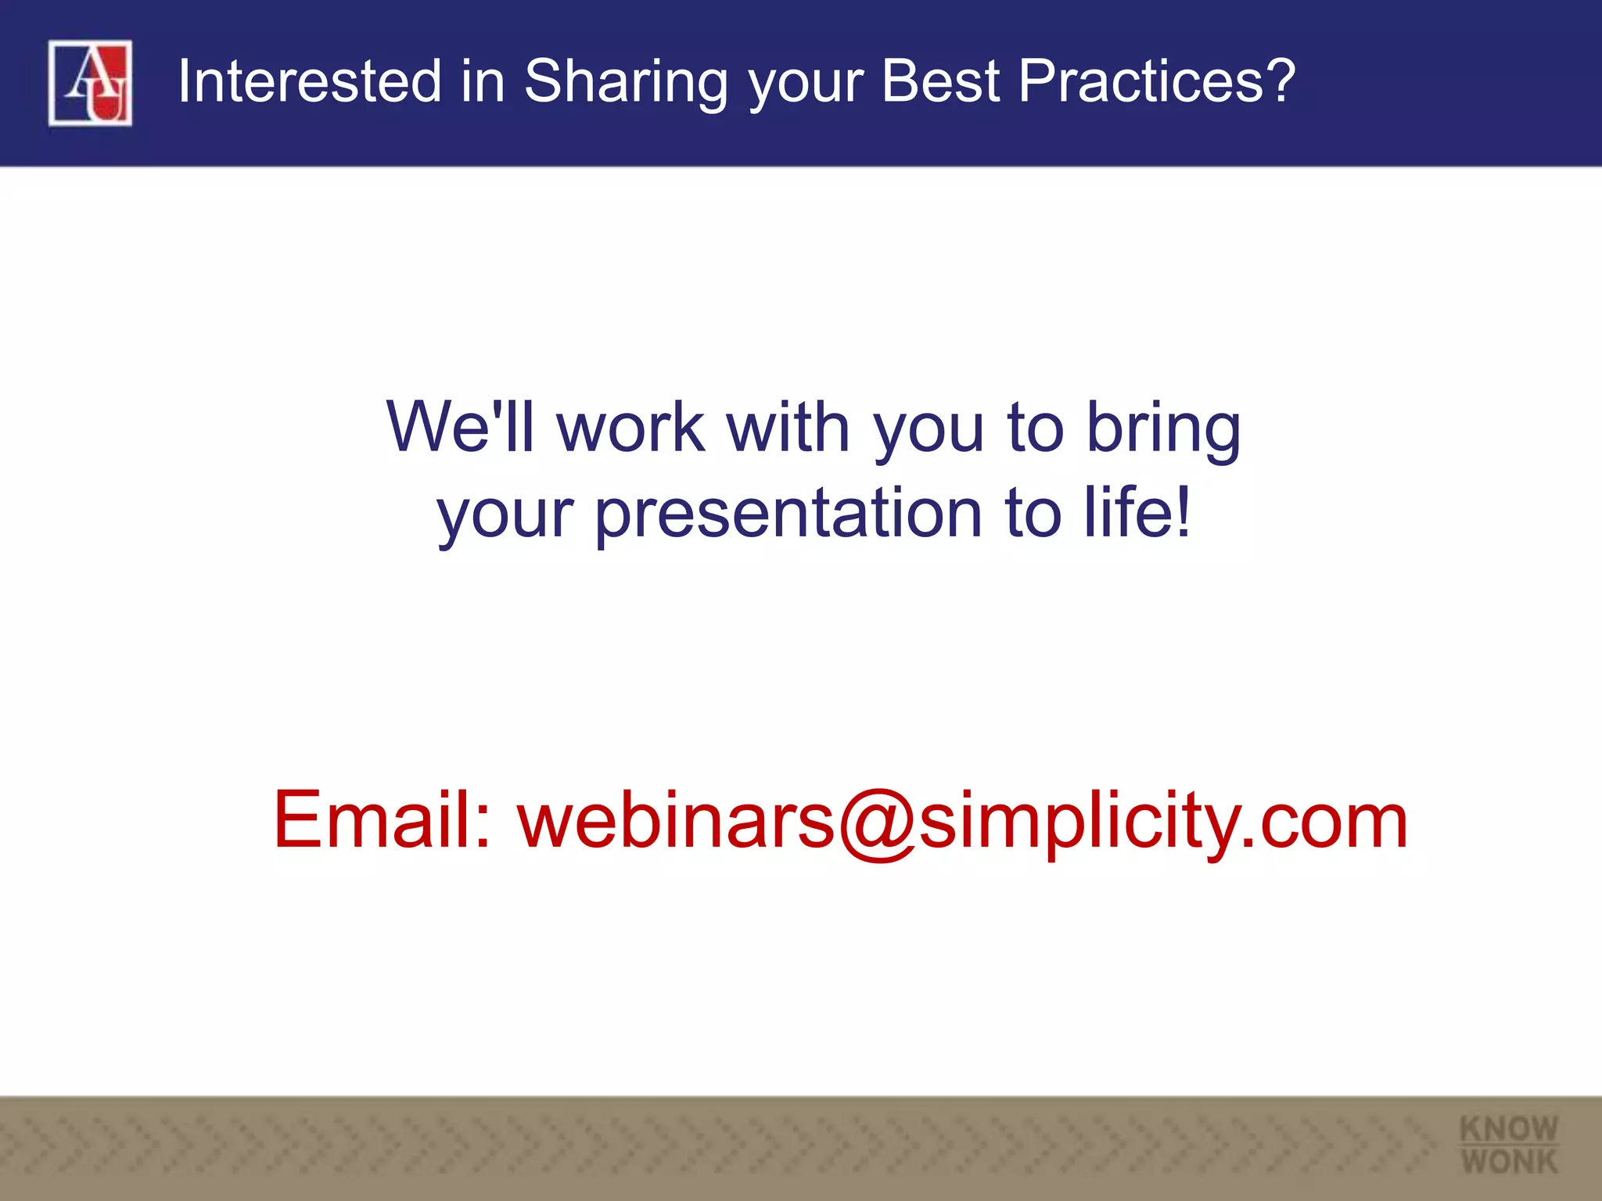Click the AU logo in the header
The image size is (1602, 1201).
tap(90, 83)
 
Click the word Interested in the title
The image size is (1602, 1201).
tap(310, 81)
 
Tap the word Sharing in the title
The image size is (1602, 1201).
tap(625, 83)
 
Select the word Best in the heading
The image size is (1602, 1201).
tap(940, 81)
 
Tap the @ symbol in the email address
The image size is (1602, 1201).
tap(877, 823)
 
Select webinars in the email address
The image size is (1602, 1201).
tap(676, 819)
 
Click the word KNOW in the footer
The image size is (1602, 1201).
tap(1508, 1128)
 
